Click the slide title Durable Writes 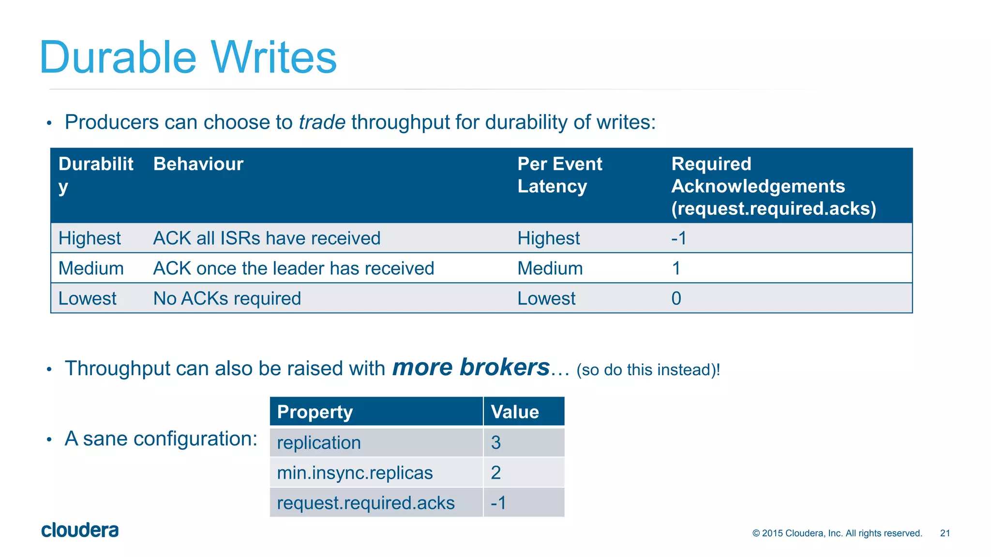click(188, 58)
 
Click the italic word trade click(322, 122)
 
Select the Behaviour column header click(198, 164)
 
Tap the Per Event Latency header click(559, 175)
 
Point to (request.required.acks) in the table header click(773, 209)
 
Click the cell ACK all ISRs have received click(267, 238)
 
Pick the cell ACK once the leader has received click(293, 268)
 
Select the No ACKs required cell click(227, 298)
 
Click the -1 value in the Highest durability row click(678, 238)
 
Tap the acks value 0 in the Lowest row click(676, 298)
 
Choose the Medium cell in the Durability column click(91, 268)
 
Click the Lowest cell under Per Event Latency click(546, 298)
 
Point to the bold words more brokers click(470, 367)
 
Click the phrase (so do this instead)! click(648, 370)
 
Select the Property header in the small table click(315, 412)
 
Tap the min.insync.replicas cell click(355, 472)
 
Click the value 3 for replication click(495, 442)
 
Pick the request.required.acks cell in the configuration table click(365, 503)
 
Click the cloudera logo click(80, 530)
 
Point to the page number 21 click(945, 533)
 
